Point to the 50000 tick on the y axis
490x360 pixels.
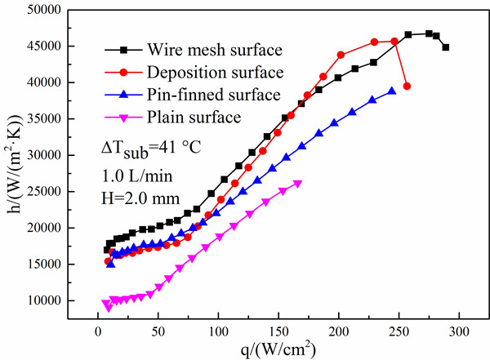click(56, 10)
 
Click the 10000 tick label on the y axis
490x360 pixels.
click(56, 300)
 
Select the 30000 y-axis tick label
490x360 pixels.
click(56, 155)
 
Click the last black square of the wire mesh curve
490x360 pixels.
click(446, 47)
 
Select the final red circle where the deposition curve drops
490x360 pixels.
click(407, 86)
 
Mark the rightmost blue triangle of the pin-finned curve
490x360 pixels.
click(392, 91)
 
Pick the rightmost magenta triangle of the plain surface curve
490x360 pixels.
click(297, 184)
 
